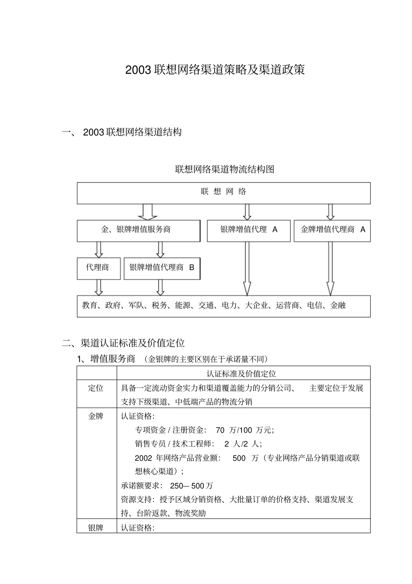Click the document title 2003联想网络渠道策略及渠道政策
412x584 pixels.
tap(215, 70)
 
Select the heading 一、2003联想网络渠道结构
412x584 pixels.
tap(122, 132)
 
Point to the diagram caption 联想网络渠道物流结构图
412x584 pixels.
tap(224, 169)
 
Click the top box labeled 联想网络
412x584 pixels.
tap(224, 193)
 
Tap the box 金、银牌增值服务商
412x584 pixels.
tap(138, 231)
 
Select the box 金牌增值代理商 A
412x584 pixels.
tap(332, 231)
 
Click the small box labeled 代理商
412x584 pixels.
tap(98, 268)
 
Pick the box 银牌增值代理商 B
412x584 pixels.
tap(162, 268)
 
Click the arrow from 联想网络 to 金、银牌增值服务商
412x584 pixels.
tap(147, 212)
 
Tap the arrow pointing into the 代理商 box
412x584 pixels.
tap(99, 250)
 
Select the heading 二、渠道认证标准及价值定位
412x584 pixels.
tap(124, 343)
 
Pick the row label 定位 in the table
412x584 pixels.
tap(96, 388)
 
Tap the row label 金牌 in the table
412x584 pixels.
tap(96, 416)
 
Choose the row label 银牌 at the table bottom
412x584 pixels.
tap(96, 528)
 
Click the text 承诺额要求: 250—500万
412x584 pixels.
tap(167, 486)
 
